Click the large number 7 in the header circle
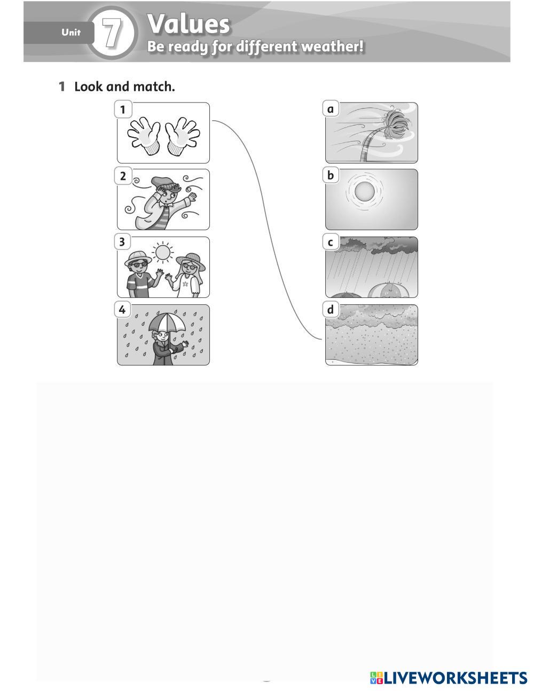click(112, 33)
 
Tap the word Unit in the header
click(71, 33)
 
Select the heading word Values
click(189, 24)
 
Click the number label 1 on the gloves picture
click(123, 109)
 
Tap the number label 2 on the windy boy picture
click(123, 176)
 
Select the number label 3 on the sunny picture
click(122, 242)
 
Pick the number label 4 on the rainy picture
click(122, 309)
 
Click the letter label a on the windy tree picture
click(331, 109)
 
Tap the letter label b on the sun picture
click(331, 175)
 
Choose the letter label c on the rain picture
click(331, 243)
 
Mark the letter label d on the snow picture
click(331, 309)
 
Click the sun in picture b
click(364, 192)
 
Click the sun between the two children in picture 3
click(163, 253)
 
